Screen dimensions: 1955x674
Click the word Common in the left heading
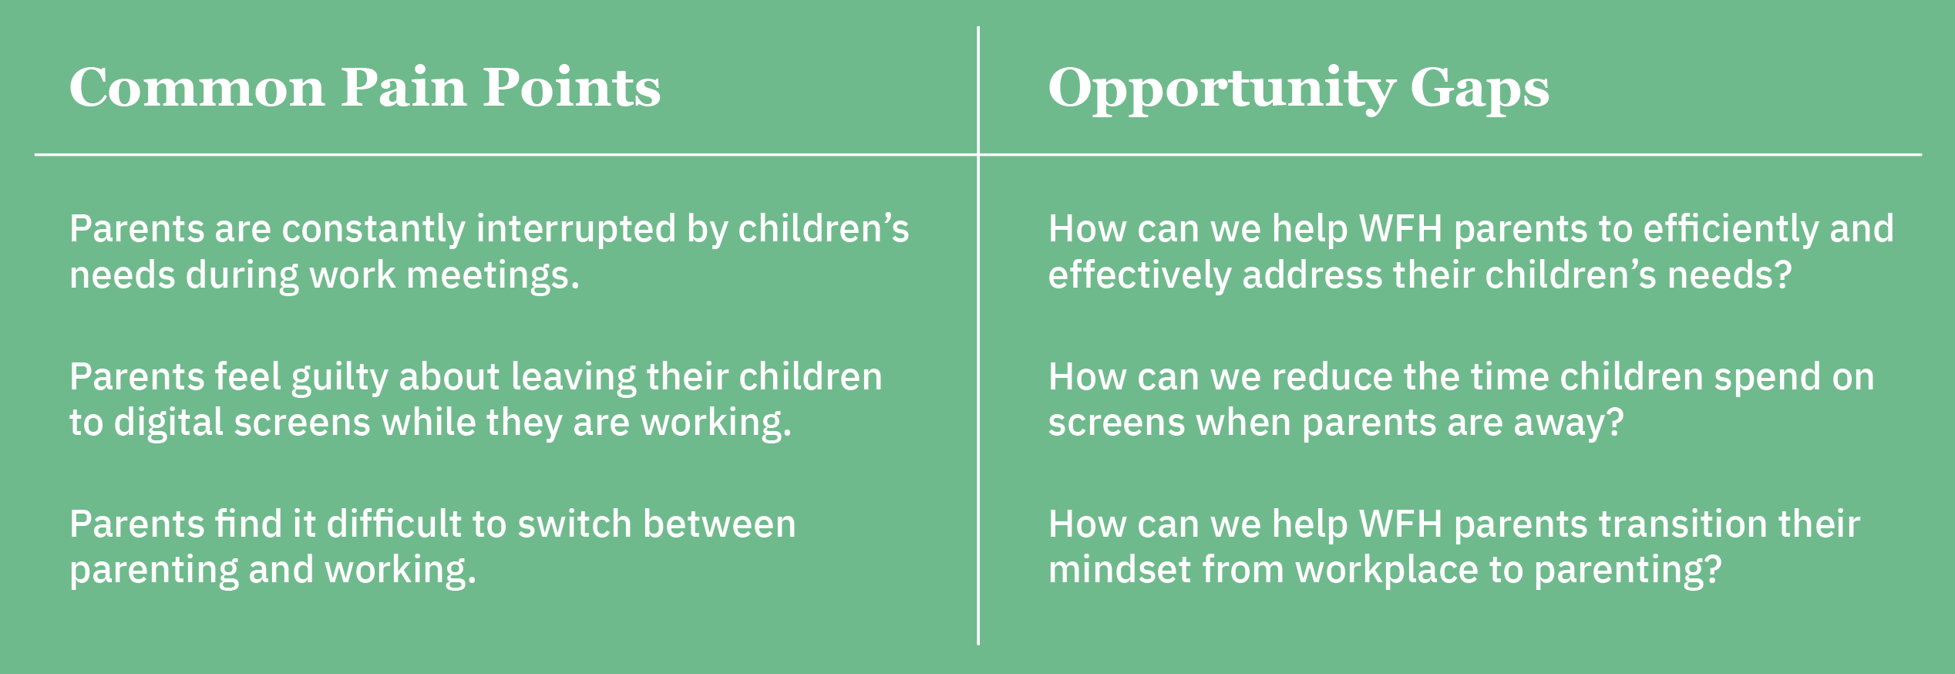pyautogui.click(x=197, y=87)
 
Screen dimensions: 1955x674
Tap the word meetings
pyautogui.click(x=493, y=276)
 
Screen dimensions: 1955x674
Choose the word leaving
pyautogui.click(x=573, y=378)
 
